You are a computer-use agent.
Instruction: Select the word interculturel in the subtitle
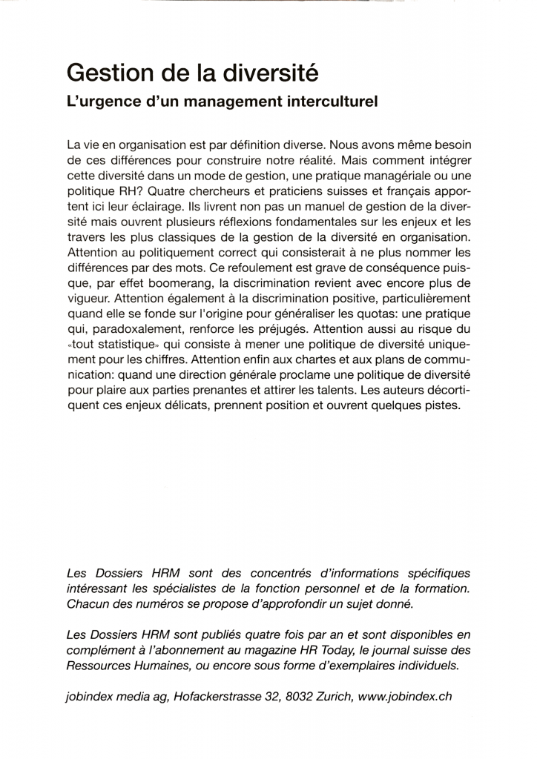(330, 102)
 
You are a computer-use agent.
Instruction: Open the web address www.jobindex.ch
(404, 697)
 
